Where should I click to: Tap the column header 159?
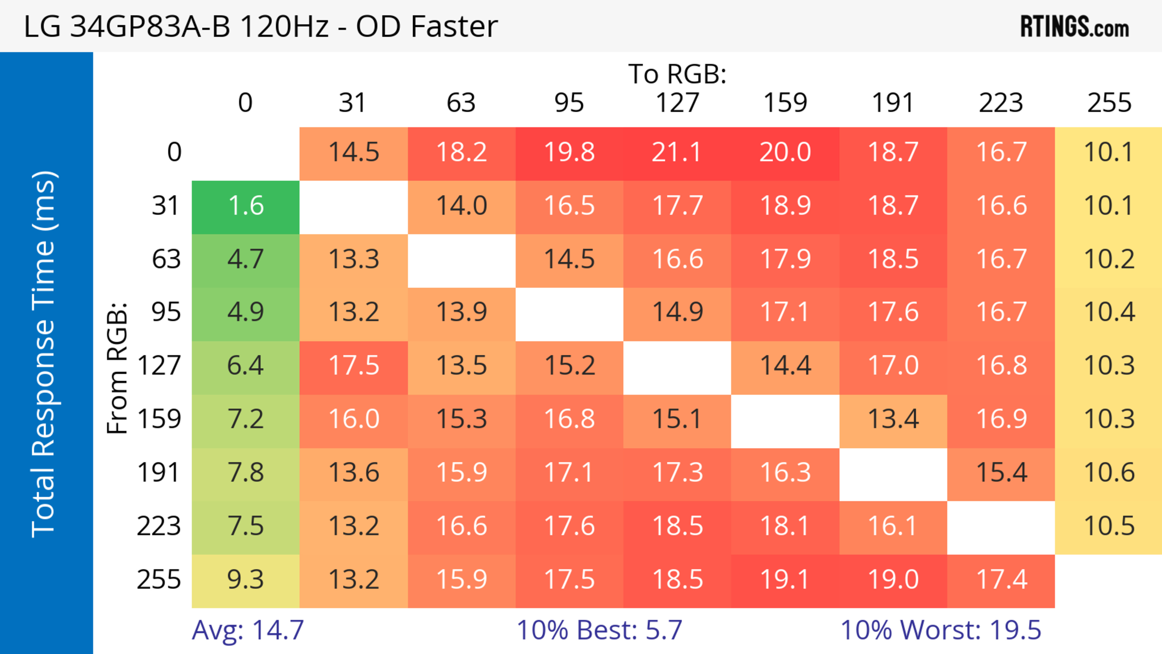[785, 103]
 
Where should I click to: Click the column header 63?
[461, 103]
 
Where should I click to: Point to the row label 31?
[166, 206]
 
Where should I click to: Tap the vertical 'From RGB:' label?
[117, 368]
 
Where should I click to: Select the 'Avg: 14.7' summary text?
[248, 630]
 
